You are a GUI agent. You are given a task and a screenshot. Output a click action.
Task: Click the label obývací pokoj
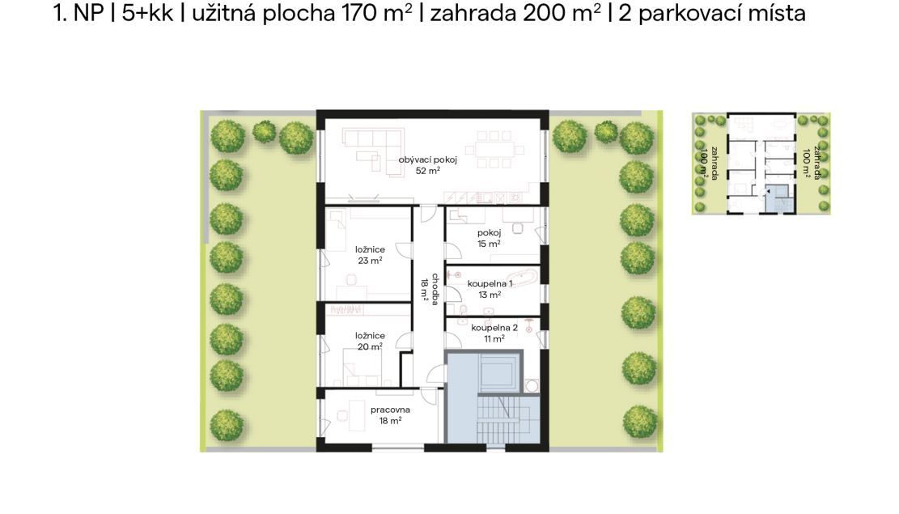(x=428, y=159)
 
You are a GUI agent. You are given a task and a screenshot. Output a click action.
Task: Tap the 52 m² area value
(x=428, y=170)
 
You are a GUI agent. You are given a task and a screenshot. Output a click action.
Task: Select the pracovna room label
(x=391, y=410)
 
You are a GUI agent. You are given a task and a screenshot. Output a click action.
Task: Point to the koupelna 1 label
(x=490, y=283)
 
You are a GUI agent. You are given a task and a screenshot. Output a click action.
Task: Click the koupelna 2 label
(x=494, y=328)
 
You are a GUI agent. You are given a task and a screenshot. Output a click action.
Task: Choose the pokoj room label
(x=489, y=232)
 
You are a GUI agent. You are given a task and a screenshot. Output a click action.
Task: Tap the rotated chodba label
(x=435, y=289)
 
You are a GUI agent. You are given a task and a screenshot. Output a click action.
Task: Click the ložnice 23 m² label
(x=370, y=255)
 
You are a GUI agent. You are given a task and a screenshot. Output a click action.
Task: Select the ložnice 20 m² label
(x=370, y=341)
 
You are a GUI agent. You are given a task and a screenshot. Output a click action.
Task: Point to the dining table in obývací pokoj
(x=494, y=150)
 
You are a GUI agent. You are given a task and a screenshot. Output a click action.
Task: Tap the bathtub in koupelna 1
(x=522, y=278)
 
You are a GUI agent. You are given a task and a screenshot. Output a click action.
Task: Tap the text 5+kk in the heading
(x=147, y=13)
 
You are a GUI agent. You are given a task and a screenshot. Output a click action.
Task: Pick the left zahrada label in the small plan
(x=709, y=164)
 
